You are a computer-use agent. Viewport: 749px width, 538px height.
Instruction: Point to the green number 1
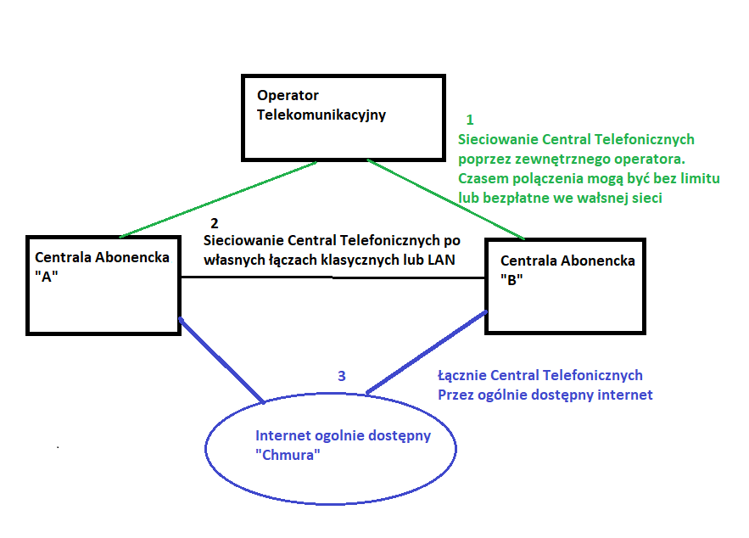(471, 120)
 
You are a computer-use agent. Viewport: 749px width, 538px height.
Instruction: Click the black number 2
(214, 223)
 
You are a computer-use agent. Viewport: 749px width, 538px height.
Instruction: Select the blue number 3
(341, 376)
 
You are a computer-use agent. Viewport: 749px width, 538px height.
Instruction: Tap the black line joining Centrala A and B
(331, 277)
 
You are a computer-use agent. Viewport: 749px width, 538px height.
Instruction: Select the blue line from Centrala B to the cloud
(427, 351)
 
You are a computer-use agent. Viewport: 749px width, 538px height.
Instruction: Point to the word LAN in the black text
(443, 260)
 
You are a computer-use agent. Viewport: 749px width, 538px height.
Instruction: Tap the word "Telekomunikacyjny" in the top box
(321, 115)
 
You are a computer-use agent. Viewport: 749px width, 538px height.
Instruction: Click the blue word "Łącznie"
(462, 375)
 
